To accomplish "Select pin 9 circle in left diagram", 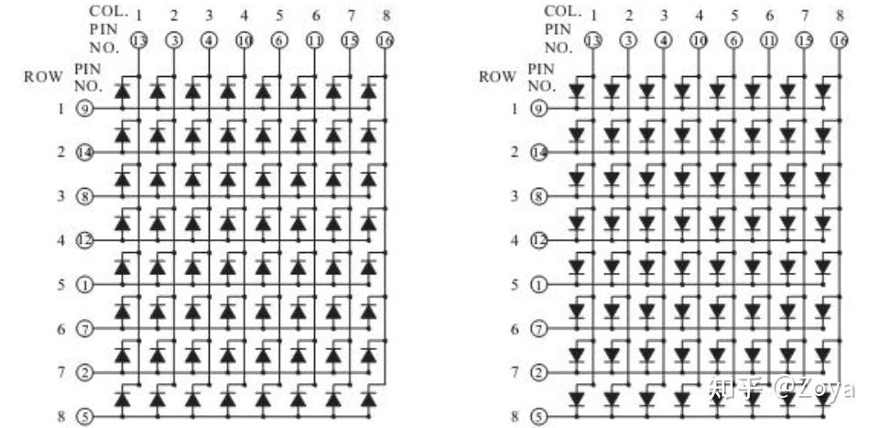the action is (83, 108).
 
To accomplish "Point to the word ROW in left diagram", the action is (43, 77).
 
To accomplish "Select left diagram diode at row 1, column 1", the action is (122, 92).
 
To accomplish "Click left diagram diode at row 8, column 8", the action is (369, 401).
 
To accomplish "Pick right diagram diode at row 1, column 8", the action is (823, 92).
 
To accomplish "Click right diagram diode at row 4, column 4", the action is (682, 223).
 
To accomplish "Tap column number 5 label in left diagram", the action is (279, 15).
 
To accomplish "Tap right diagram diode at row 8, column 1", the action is (576, 400).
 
